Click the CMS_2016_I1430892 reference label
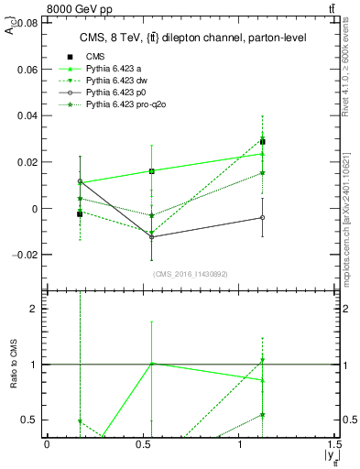191,274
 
